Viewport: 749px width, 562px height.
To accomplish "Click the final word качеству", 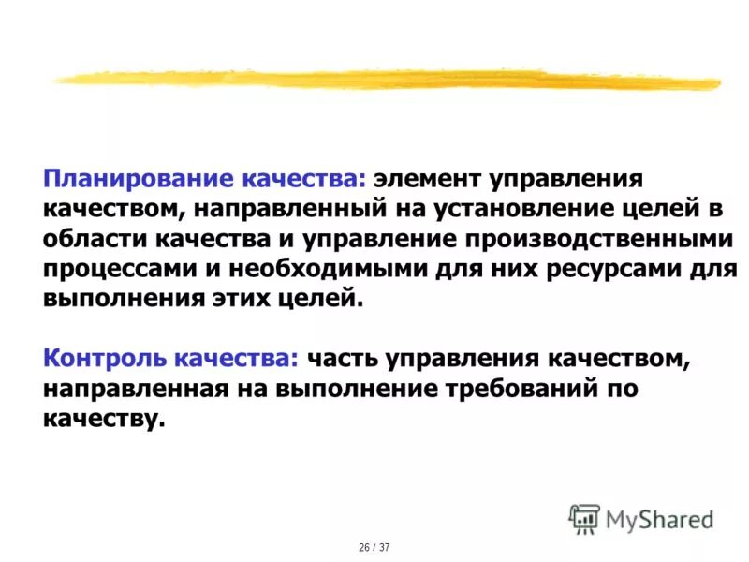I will pos(103,418).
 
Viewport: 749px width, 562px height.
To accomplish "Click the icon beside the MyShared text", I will pos(585,517).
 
